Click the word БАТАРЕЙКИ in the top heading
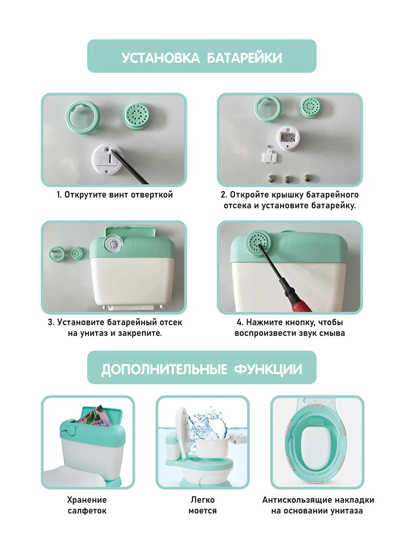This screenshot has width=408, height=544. point(244,58)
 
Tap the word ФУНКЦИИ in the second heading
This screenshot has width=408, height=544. point(268,369)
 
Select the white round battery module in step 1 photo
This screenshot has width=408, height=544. point(107,159)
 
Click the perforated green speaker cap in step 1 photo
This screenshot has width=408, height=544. point(136,116)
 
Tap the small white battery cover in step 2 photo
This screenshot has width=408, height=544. point(270,157)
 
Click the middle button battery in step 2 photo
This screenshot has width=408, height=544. point(288,179)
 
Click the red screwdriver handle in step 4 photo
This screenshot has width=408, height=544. point(299,301)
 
